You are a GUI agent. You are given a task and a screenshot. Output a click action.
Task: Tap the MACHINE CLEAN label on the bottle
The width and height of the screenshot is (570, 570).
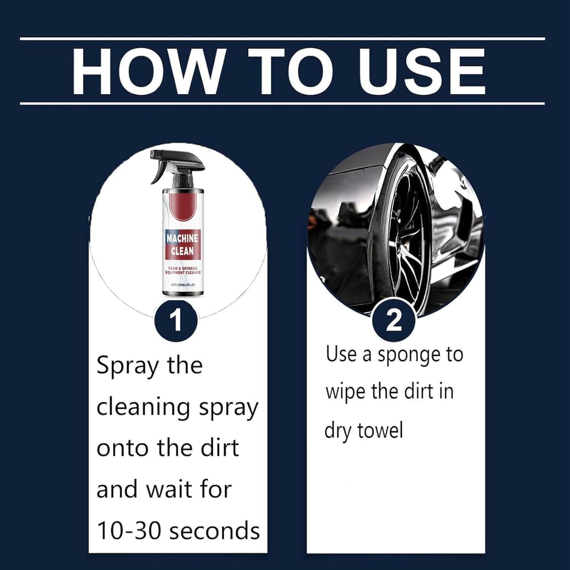(182, 245)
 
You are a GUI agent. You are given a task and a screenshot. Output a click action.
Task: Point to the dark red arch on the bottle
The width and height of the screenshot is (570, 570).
(182, 209)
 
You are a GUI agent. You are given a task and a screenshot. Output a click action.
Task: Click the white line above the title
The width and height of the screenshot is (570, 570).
(282, 39)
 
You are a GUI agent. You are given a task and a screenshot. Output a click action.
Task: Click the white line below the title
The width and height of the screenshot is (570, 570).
(282, 103)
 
